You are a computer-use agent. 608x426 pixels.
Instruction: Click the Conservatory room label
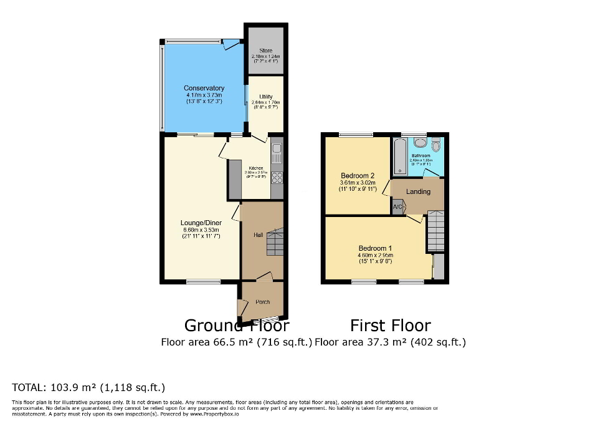pyautogui.click(x=204, y=88)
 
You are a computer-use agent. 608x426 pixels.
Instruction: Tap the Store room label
pyautogui.click(x=266, y=51)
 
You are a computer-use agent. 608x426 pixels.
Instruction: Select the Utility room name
pyautogui.click(x=266, y=97)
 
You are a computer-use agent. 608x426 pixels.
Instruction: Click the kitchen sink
pyautogui.click(x=277, y=152)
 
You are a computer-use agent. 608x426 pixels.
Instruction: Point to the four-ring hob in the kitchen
pyautogui.click(x=277, y=177)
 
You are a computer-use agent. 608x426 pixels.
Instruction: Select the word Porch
pyautogui.click(x=263, y=302)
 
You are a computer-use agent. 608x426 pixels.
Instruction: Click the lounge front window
pyautogui.click(x=203, y=282)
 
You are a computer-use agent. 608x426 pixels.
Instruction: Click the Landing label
pyautogui.click(x=418, y=191)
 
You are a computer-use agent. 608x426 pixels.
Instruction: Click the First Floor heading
pyautogui.click(x=390, y=325)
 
